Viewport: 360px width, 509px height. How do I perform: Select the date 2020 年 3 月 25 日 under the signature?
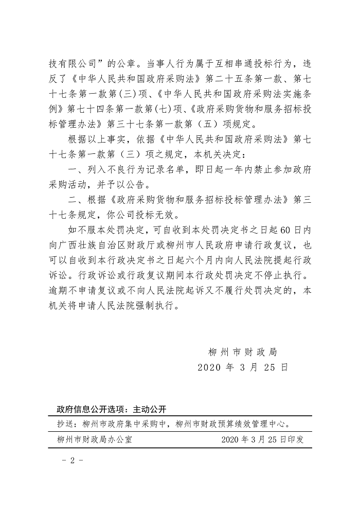243,368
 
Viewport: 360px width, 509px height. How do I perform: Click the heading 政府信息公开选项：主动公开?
112,410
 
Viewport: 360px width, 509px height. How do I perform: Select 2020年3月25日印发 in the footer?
262,440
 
